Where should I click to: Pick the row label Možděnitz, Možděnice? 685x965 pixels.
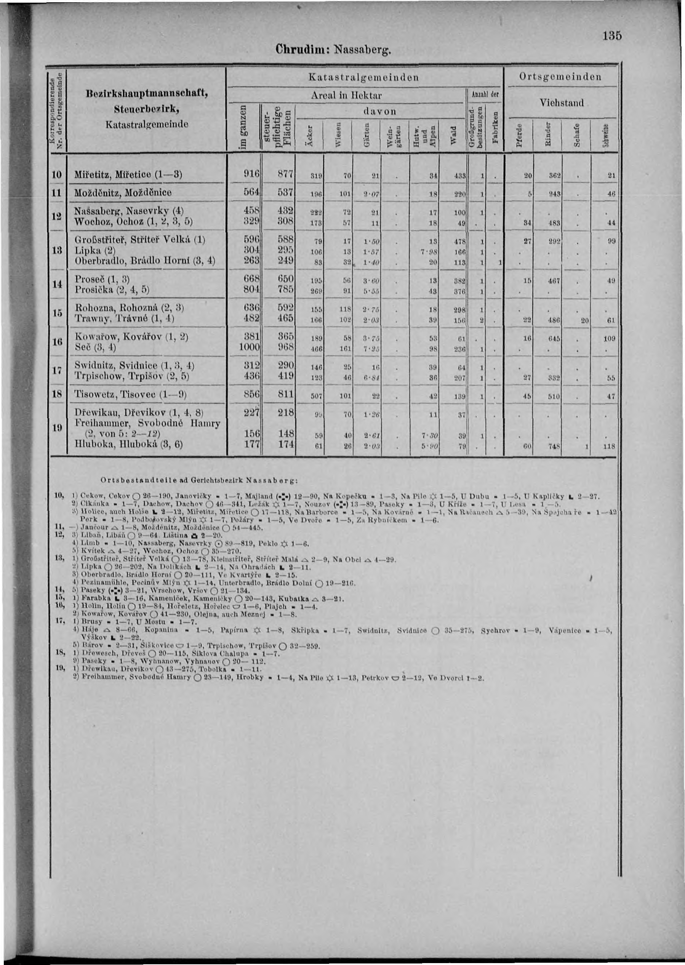(x=123, y=193)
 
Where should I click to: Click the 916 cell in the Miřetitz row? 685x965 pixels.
(x=251, y=174)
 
